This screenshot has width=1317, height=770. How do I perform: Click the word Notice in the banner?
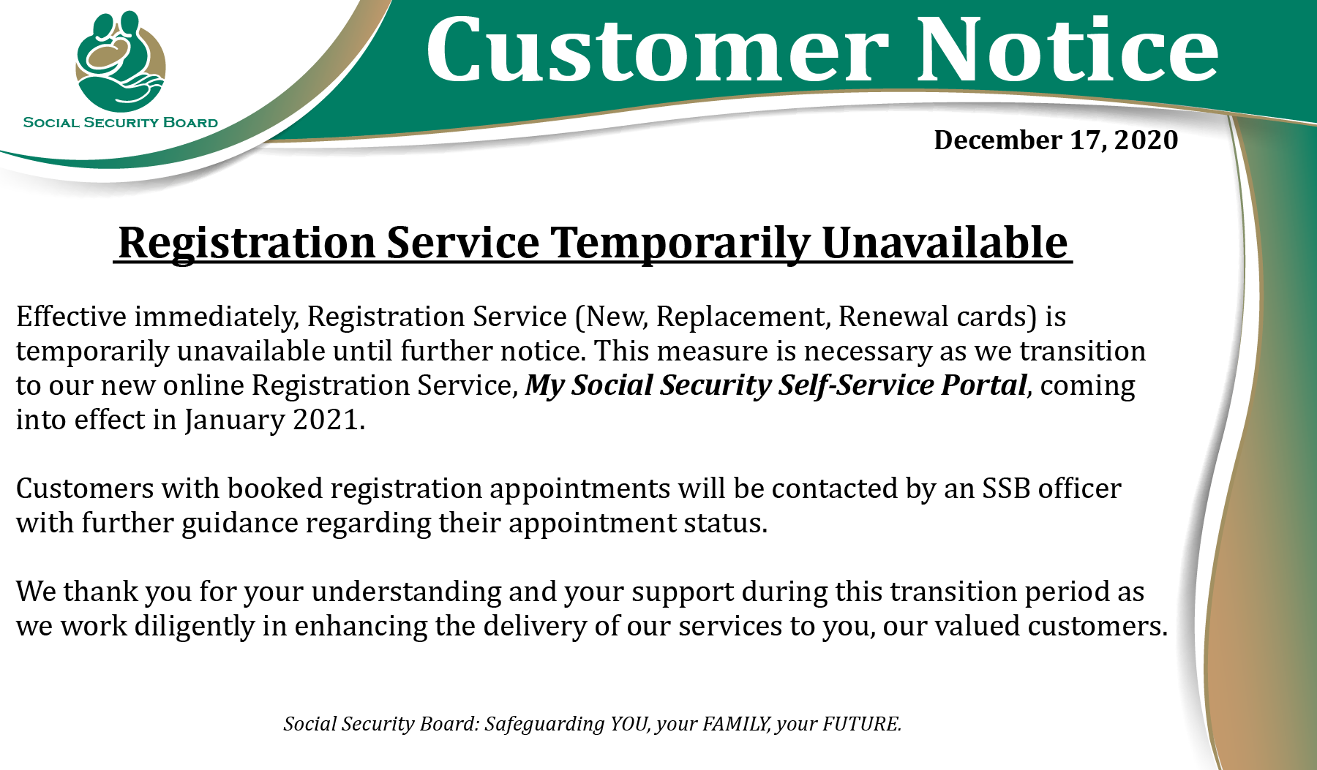coord(1068,49)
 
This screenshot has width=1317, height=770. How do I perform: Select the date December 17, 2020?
coord(1056,140)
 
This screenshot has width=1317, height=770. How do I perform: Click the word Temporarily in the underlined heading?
coord(680,244)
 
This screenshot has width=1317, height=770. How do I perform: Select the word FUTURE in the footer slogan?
coord(862,724)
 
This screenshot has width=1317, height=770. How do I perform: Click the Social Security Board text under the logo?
coord(121,122)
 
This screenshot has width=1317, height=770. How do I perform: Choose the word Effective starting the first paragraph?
coord(72,317)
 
